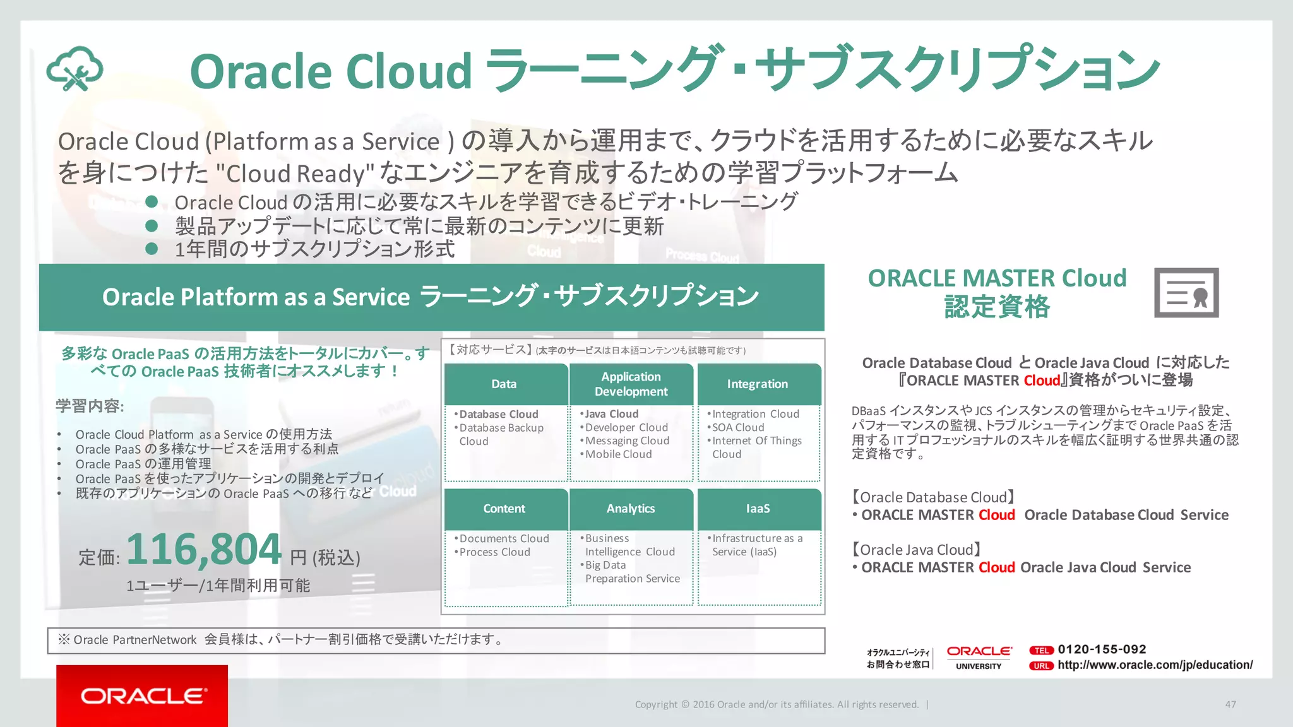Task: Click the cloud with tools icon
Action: tap(74, 69)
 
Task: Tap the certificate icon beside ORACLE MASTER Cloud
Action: tap(1186, 293)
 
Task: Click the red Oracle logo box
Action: tap(142, 695)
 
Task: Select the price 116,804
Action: tap(204, 550)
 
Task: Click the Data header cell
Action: tap(504, 384)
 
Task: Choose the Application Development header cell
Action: tap(631, 384)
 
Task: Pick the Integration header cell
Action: tap(758, 384)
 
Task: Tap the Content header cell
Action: tap(504, 509)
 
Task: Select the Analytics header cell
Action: tap(631, 509)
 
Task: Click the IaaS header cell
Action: tap(758, 509)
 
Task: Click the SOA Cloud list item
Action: tap(738, 427)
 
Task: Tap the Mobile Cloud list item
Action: tap(618, 454)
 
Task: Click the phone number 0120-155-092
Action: tap(1102, 649)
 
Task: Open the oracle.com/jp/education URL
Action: tap(1155, 665)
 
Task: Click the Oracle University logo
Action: tap(979, 657)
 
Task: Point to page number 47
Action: tap(1230, 704)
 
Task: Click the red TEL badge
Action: tap(1041, 650)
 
